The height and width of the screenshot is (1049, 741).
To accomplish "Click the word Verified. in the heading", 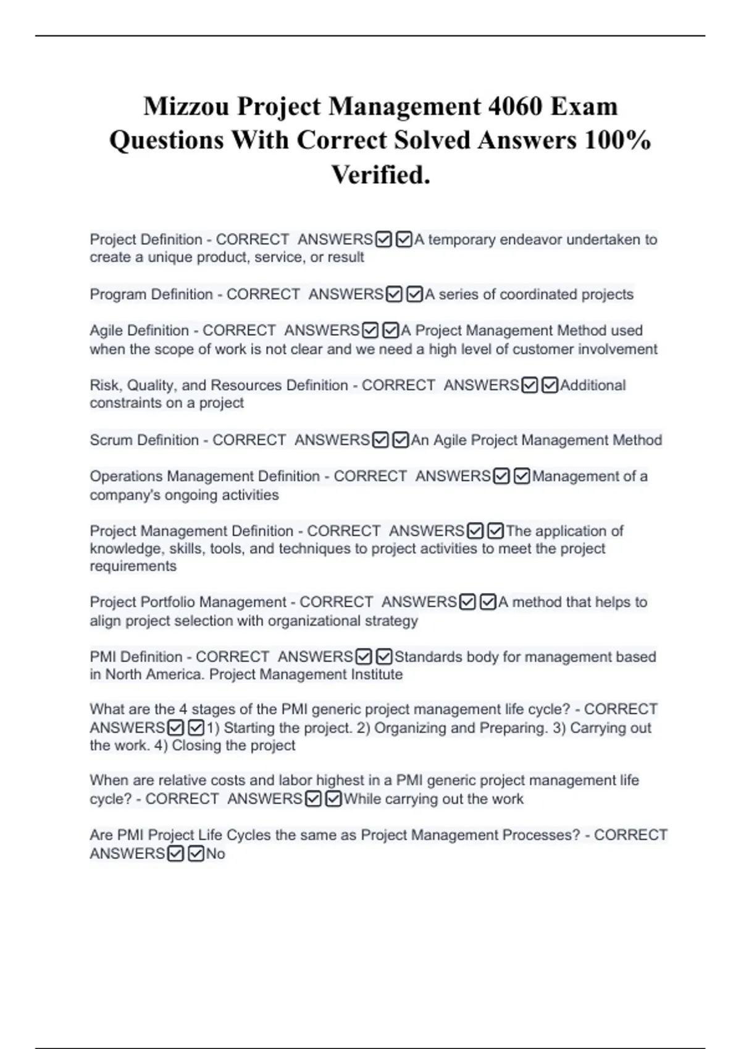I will (380, 175).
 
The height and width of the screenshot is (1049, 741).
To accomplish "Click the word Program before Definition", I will (118, 294).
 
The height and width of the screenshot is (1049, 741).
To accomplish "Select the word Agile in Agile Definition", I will (107, 331).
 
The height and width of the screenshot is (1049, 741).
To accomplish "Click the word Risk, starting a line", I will (106, 386).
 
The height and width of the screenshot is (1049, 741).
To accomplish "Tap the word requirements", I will (133, 566).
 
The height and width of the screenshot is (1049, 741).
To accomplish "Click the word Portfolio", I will (168, 602).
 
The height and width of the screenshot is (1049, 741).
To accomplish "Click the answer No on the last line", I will (216, 854).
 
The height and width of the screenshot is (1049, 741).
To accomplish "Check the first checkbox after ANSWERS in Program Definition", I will (394, 295).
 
